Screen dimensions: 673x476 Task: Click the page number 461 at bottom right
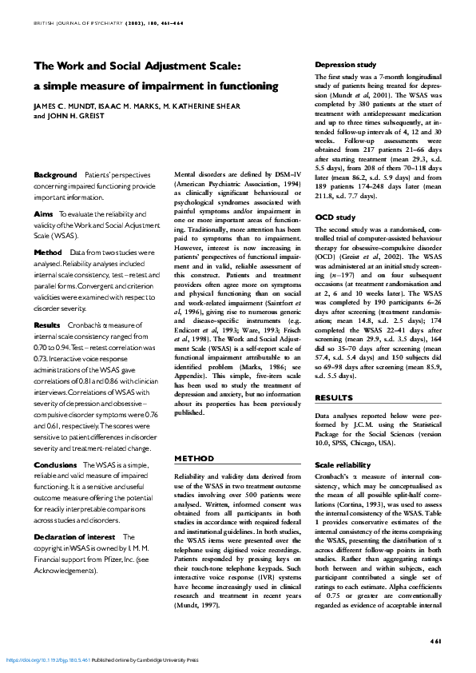tap(435, 641)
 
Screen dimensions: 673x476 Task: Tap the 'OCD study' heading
tap(335, 217)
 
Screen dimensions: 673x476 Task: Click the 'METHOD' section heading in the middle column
tap(193, 459)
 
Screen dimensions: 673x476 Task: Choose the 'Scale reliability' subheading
tap(343, 464)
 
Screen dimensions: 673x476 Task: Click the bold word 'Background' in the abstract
tap(54, 174)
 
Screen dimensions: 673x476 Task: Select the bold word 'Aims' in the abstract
tap(44, 214)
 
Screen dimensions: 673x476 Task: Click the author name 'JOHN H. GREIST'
tap(76, 116)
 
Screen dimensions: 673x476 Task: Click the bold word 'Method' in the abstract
tap(48, 252)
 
